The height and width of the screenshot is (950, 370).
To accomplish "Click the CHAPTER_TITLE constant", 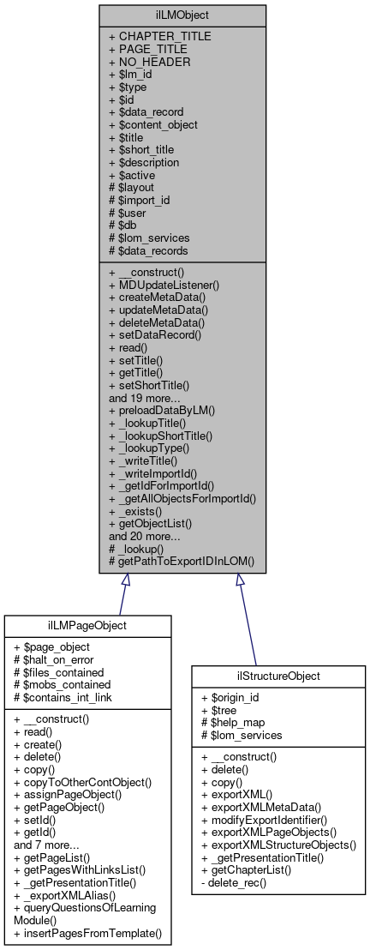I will [160, 36].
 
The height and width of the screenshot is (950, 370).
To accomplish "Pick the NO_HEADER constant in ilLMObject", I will [149, 62].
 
